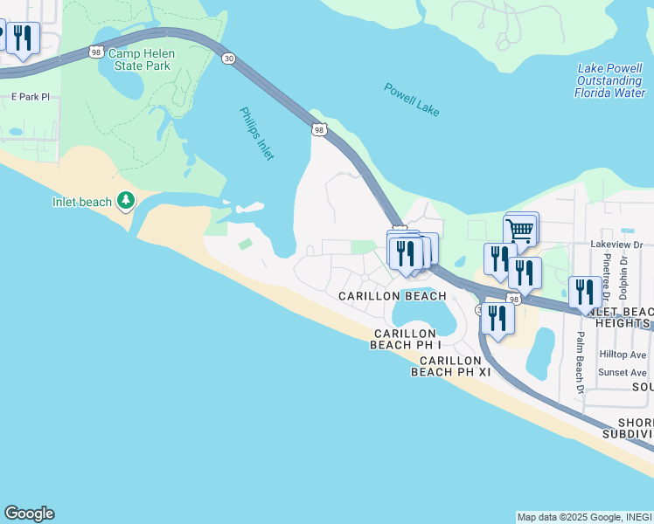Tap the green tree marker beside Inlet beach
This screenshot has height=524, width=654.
126,202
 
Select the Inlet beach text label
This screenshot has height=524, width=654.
82,203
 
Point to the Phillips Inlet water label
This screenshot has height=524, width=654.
257,133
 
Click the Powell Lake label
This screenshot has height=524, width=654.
411,99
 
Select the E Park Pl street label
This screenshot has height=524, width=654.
27,96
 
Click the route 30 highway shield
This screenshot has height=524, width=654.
228,58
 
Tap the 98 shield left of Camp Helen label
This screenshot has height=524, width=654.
95,52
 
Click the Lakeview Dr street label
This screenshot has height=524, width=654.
616,245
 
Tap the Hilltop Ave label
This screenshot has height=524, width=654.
622,355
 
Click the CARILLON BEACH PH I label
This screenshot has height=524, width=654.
404,339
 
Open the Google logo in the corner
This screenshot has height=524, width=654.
29,514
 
